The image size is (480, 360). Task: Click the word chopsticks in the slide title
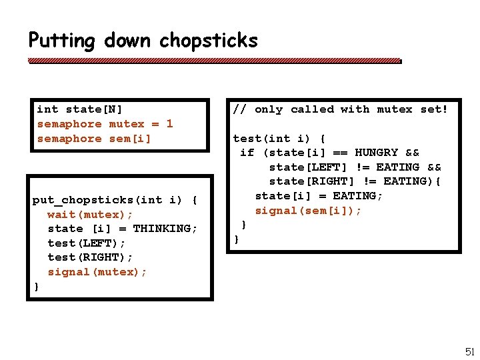point(208,41)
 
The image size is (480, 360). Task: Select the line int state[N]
point(79,109)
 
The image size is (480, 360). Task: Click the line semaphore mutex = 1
point(105,124)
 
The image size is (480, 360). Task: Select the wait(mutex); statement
point(90,214)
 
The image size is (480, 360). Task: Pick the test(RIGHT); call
point(90,257)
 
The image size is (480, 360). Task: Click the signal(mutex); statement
point(97,272)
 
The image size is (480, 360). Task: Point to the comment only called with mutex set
point(340,109)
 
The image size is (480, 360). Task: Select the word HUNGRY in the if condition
point(376,153)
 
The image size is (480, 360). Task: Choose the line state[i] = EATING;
point(319,196)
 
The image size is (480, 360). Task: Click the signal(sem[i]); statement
point(308,211)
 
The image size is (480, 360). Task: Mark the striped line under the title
point(215,61)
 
